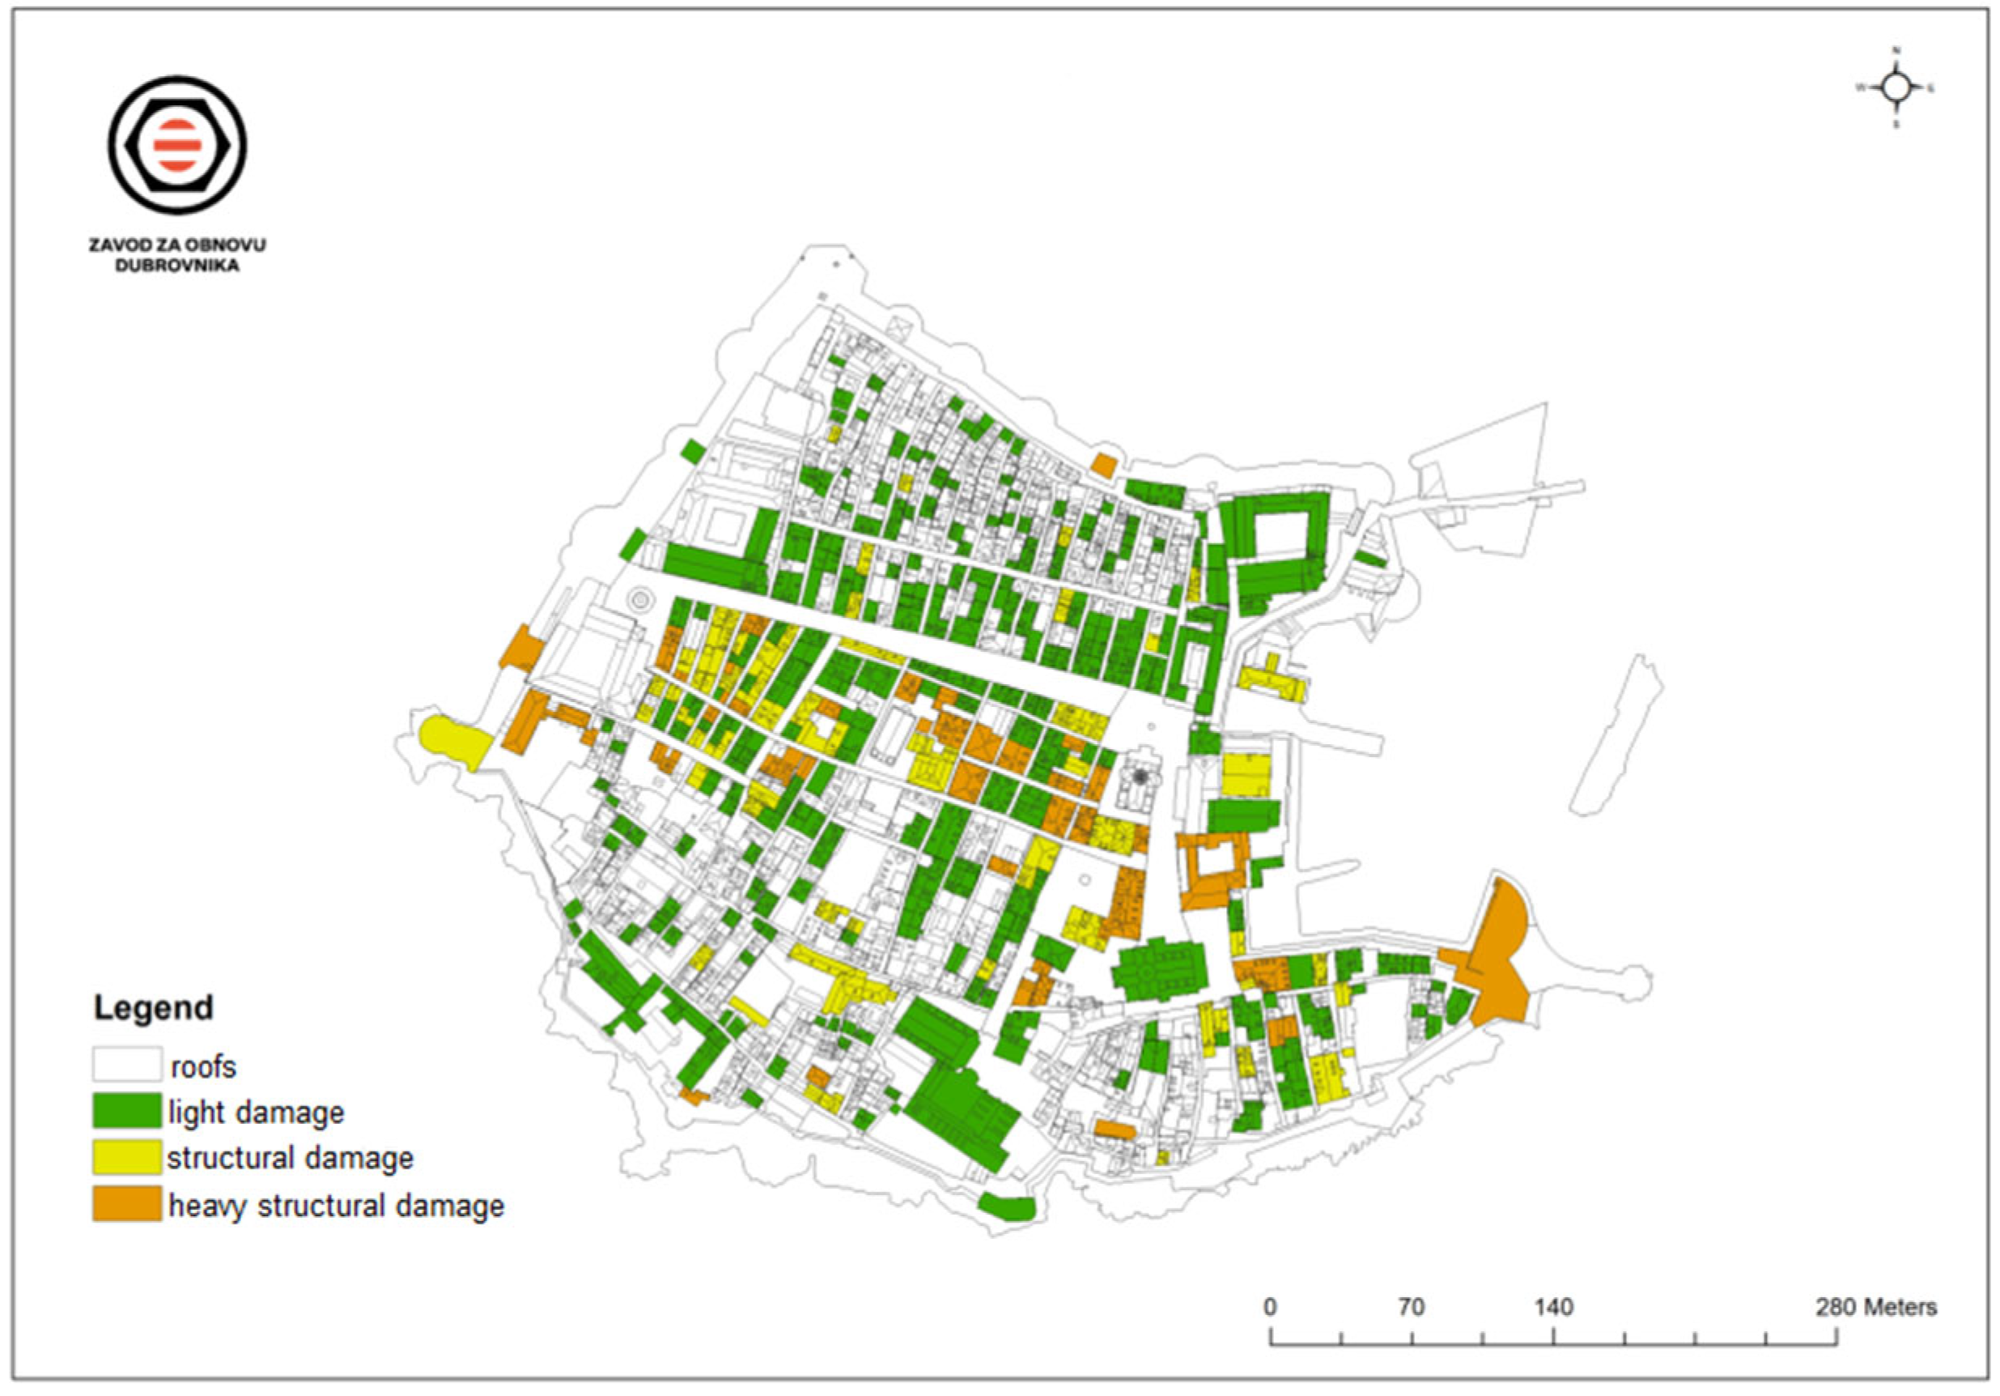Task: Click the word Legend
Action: pos(153,1007)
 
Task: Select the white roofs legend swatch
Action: pos(127,1064)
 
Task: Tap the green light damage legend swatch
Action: pos(127,1111)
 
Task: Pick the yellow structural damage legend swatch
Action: pos(127,1157)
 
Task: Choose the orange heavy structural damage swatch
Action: pos(127,1203)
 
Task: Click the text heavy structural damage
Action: pos(336,1206)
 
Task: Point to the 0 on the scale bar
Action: pos(1271,1307)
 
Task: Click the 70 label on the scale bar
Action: pos(1411,1307)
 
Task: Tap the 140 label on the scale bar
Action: pos(1553,1307)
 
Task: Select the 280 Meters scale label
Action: pos(1875,1307)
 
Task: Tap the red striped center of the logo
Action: pos(176,145)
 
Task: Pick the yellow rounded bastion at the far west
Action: pos(453,741)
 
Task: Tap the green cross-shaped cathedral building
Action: pos(1159,968)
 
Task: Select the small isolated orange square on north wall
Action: pos(1102,466)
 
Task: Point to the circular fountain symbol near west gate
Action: pos(640,598)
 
